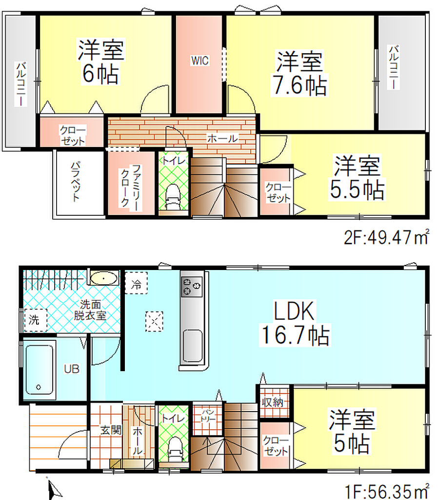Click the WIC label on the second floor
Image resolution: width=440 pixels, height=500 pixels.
pos(200,60)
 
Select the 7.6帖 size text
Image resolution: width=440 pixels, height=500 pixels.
pos(300,85)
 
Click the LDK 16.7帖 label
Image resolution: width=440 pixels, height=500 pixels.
pos(295,323)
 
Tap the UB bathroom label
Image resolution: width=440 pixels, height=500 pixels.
pos(71,369)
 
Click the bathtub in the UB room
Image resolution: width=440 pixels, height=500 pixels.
pos(39,369)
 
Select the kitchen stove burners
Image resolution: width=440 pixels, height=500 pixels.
pos(192,286)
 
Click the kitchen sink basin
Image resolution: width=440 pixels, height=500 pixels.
pos(193,346)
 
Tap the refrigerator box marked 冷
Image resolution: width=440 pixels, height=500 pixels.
pos(136,283)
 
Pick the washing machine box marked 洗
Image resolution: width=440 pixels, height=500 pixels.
pos(35,320)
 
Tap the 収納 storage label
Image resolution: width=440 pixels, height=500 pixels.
pos(272,402)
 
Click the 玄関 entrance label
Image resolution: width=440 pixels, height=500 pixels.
pos(111,430)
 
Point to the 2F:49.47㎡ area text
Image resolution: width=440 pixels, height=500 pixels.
pos(386,237)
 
